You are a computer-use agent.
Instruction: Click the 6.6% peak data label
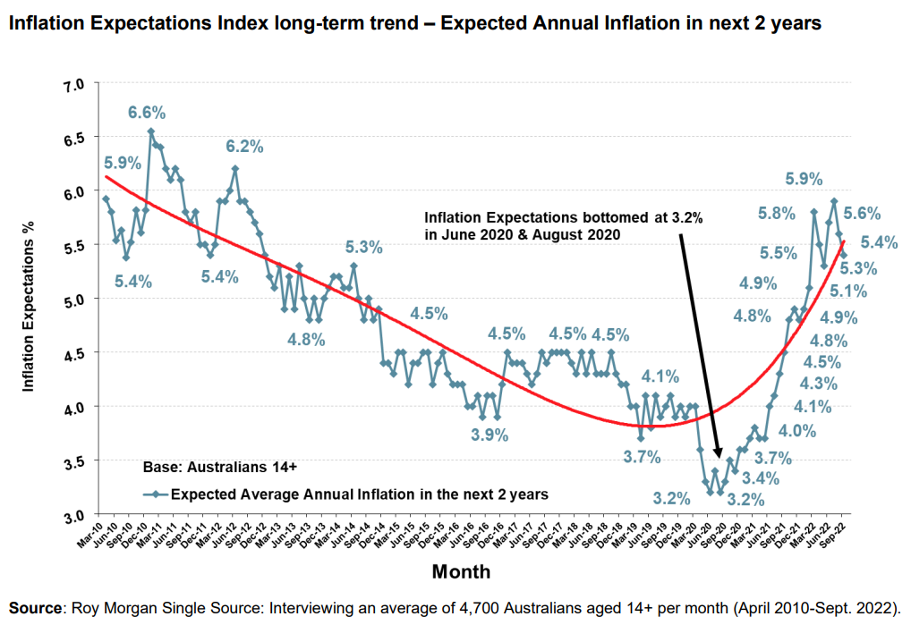click(x=147, y=113)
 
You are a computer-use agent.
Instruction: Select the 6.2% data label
click(x=244, y=146)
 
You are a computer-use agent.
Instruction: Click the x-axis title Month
click(x=461, y=570)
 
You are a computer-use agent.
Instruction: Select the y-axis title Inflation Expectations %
click(x=28, y=301)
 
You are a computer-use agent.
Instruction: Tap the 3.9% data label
click(x=490, y=435)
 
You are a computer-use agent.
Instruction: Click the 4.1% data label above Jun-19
click(x=660, y=376)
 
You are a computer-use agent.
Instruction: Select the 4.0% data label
click(x=797, y=431)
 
